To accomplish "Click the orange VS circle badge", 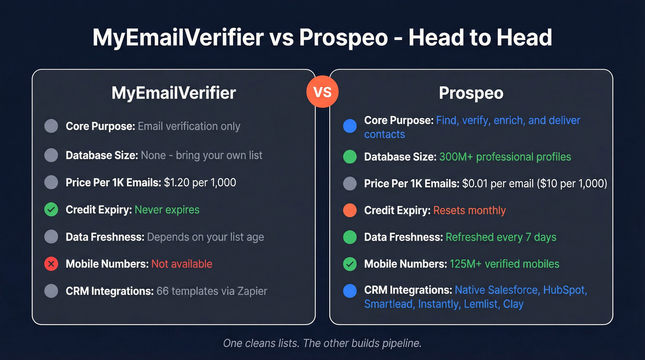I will tap(322, 92).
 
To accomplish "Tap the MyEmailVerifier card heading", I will tap(174, 93).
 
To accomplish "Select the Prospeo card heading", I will tap(471, 93).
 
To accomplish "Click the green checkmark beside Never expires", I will tap(51, 210).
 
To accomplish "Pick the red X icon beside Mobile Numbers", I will tap(51, 264).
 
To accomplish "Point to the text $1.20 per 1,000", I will tap(200, 183).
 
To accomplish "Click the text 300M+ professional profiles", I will tap(505, 157).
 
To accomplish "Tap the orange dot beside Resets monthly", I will tap(350, 211).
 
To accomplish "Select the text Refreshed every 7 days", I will tap(501, 237).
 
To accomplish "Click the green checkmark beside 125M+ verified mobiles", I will tap(350, 264).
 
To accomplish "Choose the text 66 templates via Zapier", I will tap(211, 291).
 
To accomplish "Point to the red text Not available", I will tap(182, 264).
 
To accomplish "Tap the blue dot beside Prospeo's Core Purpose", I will tap(350, 126).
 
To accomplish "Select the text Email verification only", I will tap(189, 126).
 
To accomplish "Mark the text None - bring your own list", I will tap(201, 155).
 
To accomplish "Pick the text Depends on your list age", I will tap(205, 237).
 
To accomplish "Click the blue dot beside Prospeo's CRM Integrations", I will tap(350, 291).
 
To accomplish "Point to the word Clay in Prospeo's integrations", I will tap(513, 304).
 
